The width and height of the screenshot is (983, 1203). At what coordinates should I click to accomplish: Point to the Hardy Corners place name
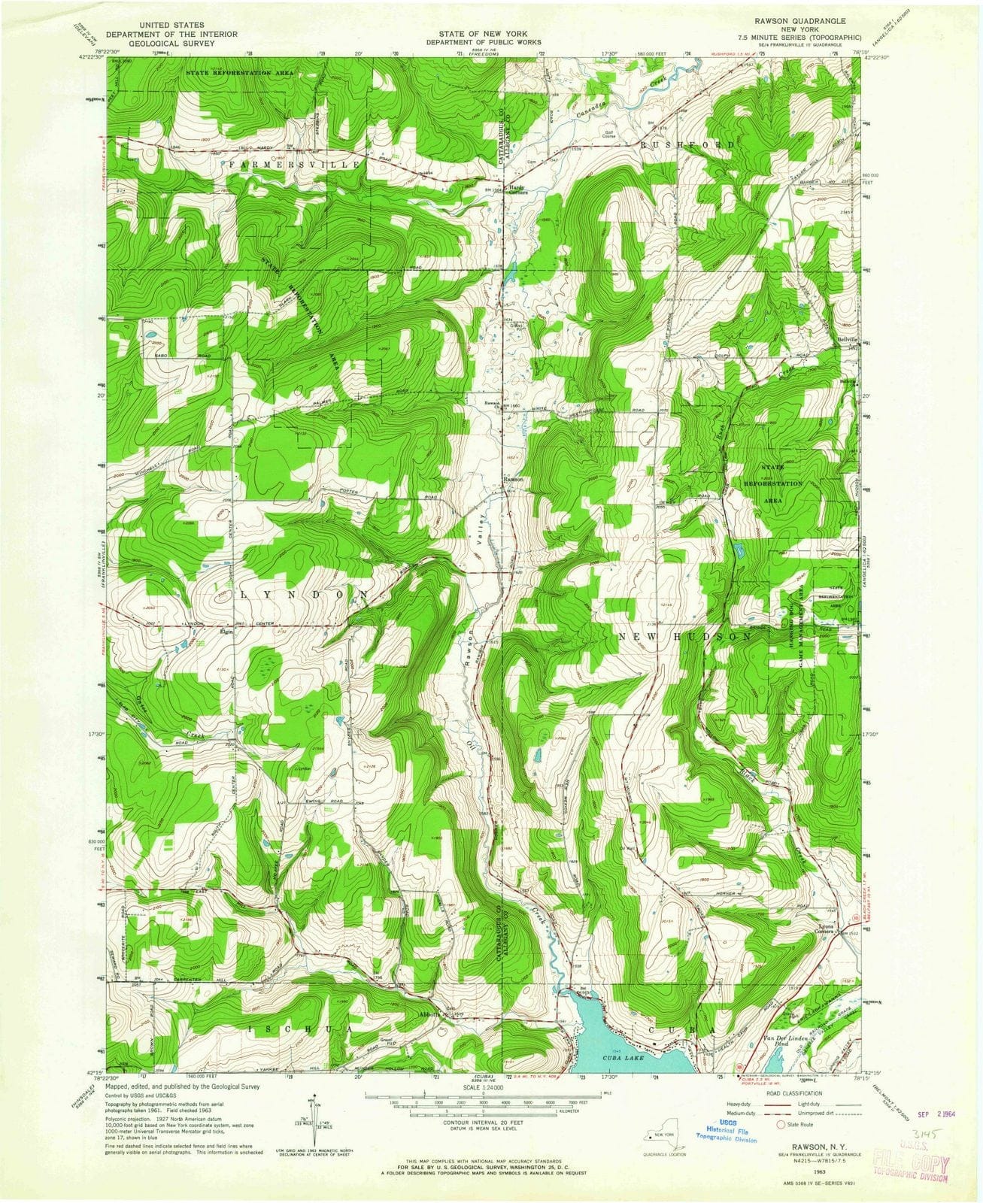coord(517,189)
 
